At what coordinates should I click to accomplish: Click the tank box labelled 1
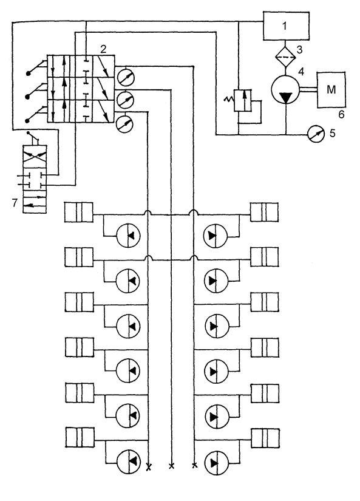pyautogui.click(x=286, y=26)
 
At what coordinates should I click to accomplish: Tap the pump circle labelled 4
pyautogui.click(x=285, y=89)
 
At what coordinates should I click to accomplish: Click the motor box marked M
pyautogui.click(x=331, y=89)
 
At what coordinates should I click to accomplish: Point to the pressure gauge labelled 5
pyautogui.click(x=316, y=134)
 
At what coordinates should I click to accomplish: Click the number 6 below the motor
pyautogui.click(x=341, y=114)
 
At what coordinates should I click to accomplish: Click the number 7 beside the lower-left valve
pyautogui.click(x=15, y=203)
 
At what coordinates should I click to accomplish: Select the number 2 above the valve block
pyautogui.click(x=103, y=49)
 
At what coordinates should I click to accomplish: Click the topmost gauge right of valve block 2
pyautogui.click(x=126, y=77)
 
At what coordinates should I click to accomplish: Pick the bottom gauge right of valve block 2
pyautogui.click(x=124, y=124)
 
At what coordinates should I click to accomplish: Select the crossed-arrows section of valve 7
pyautogui.click(x=35, y=157)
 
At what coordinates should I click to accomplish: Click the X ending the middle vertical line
pyautogui.click(x=172, y=466)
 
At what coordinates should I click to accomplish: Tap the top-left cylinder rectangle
pyautogui.click(x=79, y=212)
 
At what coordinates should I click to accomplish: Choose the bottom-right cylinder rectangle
pyautogui.click(x=265, y=438)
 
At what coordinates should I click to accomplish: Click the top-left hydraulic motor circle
pyautogui.click(x=127, y=236)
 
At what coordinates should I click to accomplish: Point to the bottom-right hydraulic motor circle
pyautogui.click(x=217, y=463)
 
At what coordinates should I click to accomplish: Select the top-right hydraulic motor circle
pyautogui.click(x=216, y=236)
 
